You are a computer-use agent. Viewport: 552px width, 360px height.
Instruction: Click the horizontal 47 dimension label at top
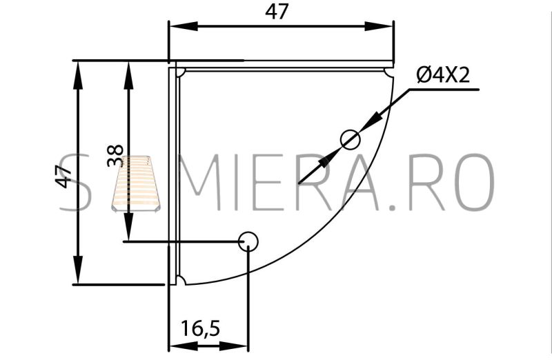coord(277,12)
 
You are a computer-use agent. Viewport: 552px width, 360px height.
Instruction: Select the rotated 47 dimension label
coord(63,176)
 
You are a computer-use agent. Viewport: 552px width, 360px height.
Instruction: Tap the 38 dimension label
coord(115,156)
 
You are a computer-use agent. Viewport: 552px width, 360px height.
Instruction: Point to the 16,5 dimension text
coord(200,328)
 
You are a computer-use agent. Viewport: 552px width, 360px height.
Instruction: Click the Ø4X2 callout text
coord(443,75)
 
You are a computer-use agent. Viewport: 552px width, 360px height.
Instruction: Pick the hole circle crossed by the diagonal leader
coord(351,139)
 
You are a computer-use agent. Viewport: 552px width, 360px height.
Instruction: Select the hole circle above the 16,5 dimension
coord(248,242)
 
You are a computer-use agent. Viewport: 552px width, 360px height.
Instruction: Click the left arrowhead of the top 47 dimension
coord(184,26)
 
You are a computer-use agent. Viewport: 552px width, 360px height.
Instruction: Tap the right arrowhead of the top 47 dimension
coord(378,26)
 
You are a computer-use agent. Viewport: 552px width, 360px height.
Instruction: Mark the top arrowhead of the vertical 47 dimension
coord(78,75)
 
